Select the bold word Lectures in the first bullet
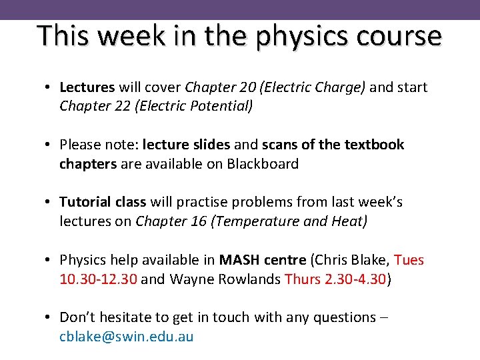tap(87, 87)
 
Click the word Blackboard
tap(257, 163)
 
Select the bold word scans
tap(283, 145)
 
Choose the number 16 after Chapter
tap(198, 221)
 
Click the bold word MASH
tap(242, 259)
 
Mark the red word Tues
tap(409, 259)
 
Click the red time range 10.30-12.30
tap(99, 278)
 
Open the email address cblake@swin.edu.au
tap(127, 336)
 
